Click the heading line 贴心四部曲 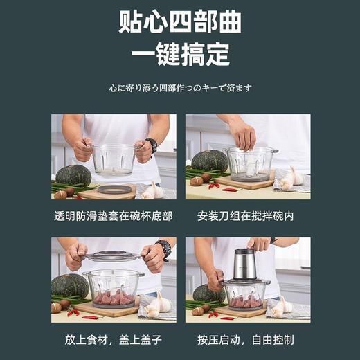click(180, 23)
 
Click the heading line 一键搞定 click(180, 55)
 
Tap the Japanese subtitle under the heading click(180, 88)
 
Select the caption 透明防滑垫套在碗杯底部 click(113, 216)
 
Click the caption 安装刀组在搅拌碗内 click(246, 216)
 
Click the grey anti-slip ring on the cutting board click(114, 189)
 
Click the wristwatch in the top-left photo click(151, 145)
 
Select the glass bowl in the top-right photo click(249, 163)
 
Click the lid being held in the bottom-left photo click(114, 256)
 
